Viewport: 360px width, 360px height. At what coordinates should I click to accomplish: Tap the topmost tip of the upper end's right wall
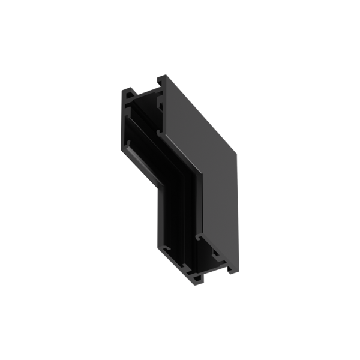(x=161, y=77)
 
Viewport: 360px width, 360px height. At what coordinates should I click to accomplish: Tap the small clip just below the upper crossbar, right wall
(x=161, y=104)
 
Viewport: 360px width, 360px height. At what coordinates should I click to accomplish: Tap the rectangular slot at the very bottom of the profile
(x=197, y=278)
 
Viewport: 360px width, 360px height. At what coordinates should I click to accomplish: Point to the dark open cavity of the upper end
(x=144, y=108)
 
